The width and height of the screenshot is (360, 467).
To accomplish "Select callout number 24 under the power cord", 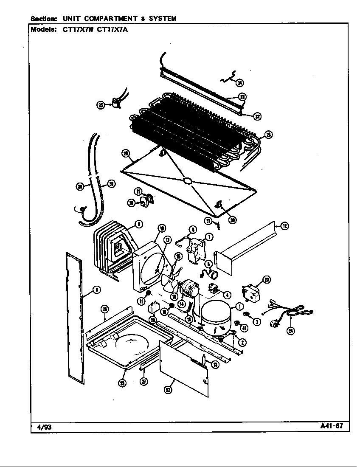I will click(291, 331).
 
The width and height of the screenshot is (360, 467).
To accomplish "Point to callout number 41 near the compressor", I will click(245, 328).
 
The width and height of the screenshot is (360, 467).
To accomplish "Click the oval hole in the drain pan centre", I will click(186, 181).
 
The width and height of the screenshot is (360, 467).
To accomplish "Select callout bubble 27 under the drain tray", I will click(144, 382).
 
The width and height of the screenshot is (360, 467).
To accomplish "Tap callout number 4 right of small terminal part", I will click(228, 295).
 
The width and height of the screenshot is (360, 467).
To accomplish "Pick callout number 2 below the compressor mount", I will click(242, 342).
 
